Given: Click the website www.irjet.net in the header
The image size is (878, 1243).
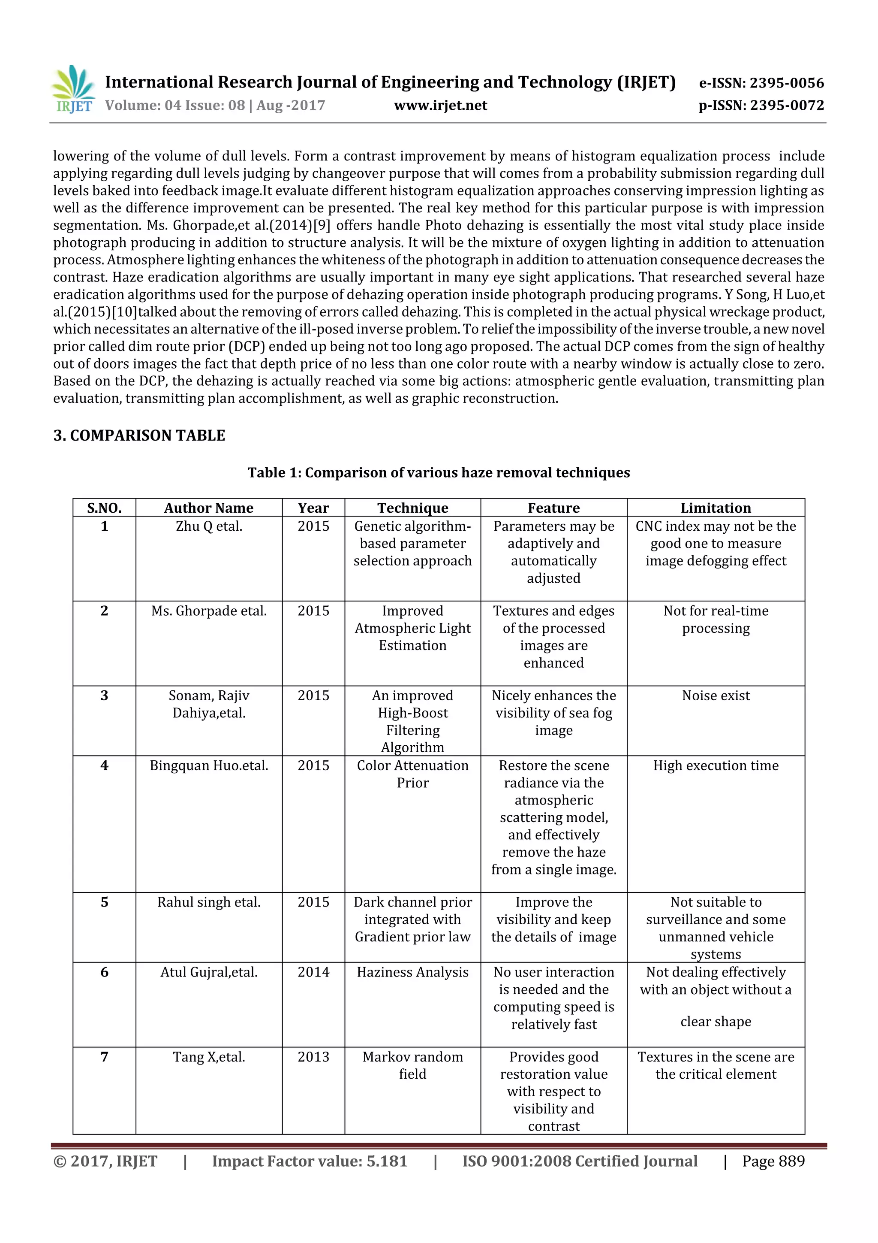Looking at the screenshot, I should [440, 106].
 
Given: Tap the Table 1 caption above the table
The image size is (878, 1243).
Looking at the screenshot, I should [439, 473].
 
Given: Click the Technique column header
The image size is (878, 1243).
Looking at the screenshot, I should [413, 508].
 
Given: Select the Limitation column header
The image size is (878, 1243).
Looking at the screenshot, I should [716, 508].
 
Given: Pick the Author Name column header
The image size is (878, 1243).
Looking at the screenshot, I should [209, 508].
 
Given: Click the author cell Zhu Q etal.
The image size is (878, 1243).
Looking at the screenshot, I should [209, 526].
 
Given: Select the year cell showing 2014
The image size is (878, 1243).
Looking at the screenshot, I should [313, 972].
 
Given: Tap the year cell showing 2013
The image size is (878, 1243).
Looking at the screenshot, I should [313, 1057].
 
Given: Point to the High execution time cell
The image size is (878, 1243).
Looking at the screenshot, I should [716, 765].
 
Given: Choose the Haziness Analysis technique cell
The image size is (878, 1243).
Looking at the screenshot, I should [413, 972].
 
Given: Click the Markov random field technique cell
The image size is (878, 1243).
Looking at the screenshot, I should [413, 1065].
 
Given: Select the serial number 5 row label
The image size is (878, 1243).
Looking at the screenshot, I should [105, 902].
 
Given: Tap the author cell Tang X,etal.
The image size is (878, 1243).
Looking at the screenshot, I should [209, 1057].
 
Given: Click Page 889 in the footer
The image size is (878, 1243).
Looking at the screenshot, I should [773, 1161].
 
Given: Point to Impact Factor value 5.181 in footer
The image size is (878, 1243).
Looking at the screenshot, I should [310, 1161].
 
